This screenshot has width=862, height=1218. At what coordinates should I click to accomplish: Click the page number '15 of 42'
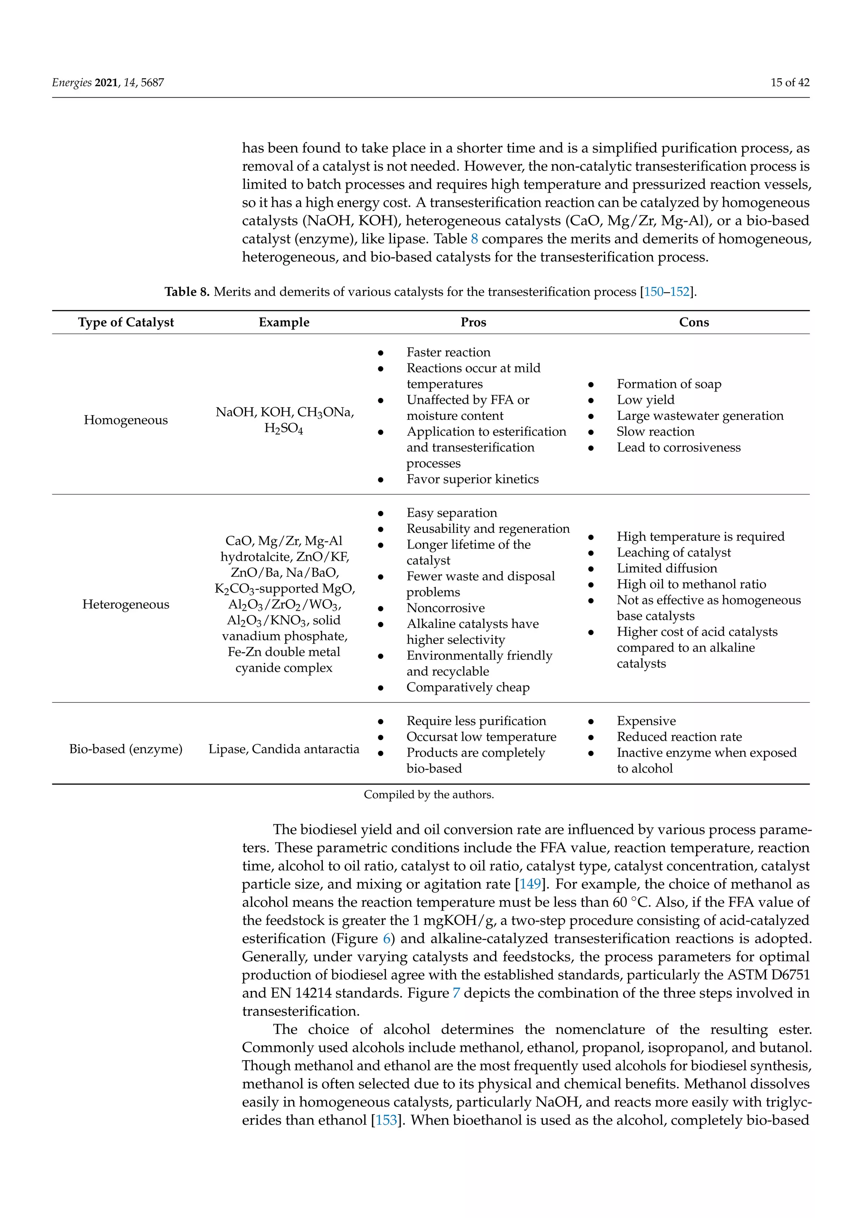789,82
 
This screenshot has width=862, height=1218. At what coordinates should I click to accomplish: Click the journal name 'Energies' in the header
72,82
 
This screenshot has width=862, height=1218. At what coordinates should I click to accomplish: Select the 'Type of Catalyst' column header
126,322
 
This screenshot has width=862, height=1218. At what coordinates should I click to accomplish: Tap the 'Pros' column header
473,322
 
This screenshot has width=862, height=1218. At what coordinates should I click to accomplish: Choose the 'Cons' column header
694,322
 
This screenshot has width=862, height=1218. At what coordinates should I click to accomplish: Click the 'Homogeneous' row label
126,420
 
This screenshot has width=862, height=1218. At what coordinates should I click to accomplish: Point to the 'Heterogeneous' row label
126,604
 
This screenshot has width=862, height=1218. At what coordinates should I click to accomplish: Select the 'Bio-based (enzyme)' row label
126,749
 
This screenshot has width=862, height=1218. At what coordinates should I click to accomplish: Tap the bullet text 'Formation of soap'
669,384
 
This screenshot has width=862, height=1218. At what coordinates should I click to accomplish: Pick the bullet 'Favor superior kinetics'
472,479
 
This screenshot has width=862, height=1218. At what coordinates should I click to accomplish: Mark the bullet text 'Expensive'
646,721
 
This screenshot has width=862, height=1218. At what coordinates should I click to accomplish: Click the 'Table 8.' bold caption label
187,292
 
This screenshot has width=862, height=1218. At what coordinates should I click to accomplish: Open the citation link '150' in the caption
653,292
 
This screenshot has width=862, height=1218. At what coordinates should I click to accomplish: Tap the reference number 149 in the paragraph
530,884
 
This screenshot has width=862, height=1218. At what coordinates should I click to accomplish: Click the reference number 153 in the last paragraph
386,1120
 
